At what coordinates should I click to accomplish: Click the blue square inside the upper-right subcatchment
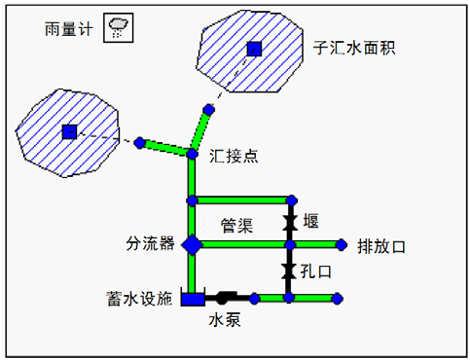(254, 49)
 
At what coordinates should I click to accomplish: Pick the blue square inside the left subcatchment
(69, 131)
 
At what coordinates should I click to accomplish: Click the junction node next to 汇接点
(193, 153)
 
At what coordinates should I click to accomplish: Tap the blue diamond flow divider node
(193, 244)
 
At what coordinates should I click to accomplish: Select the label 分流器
(149, 243)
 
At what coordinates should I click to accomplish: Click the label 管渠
(237, 225)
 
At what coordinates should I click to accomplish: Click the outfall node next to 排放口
(341, 244)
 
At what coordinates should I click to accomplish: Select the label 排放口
(381, 245)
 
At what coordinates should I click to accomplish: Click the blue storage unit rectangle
(193, 299)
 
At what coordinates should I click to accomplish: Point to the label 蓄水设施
(141, 299)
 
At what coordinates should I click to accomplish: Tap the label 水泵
(225, 318)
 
